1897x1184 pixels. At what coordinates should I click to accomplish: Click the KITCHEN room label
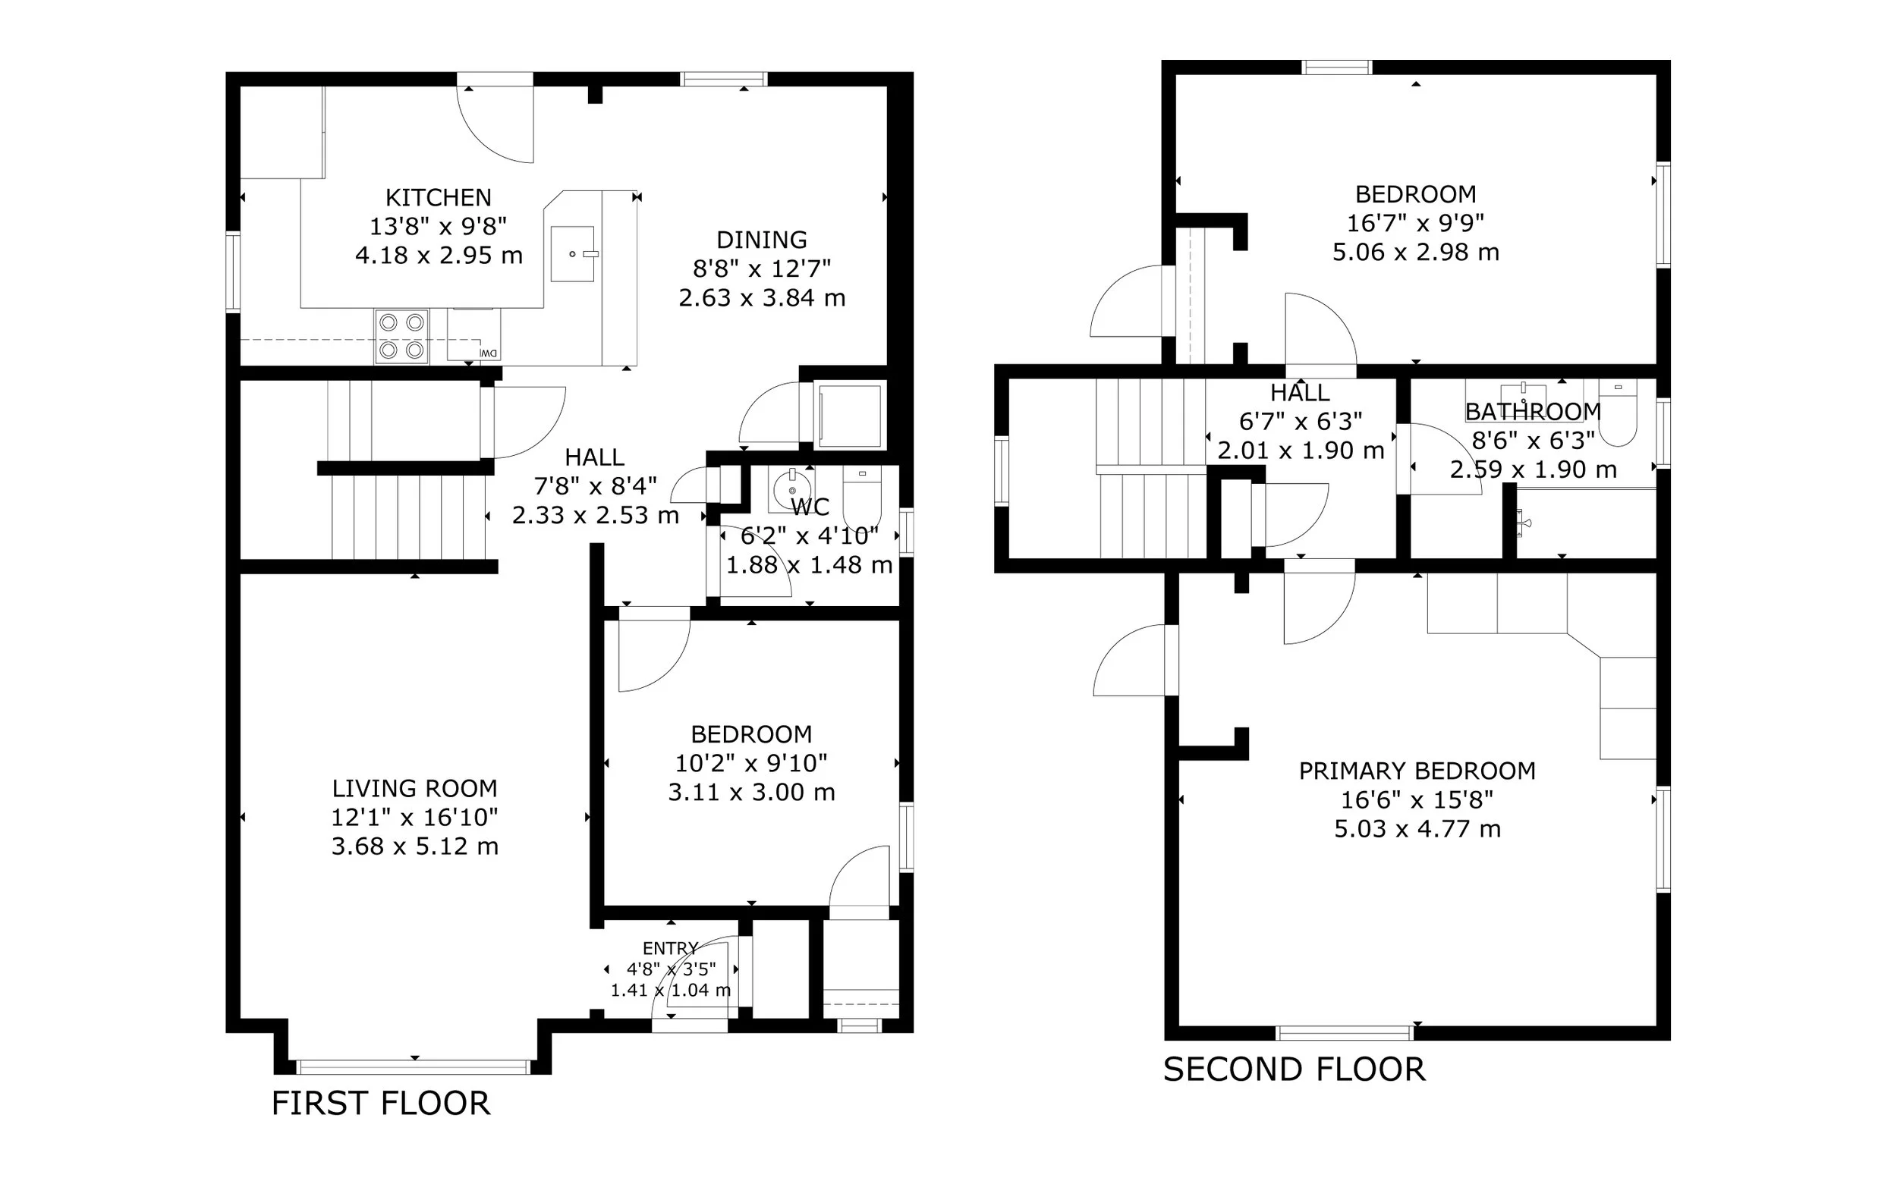[438, 197]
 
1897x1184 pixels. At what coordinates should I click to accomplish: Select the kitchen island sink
[573, 253]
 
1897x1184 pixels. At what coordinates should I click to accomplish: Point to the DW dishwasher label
[488, 353]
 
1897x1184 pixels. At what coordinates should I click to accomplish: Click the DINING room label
[761, 240]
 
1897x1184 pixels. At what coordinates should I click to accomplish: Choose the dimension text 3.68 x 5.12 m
[414, 846]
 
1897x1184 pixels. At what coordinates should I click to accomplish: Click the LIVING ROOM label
[414, 789]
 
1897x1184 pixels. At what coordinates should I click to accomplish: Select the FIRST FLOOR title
[381, 1104]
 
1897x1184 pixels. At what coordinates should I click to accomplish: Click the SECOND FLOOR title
[1294, 1069]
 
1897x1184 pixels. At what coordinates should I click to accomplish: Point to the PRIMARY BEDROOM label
[1417, 771]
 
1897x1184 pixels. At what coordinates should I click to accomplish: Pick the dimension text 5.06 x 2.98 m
[1415, 252]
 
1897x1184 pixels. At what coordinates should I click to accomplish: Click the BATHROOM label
[1533, 412]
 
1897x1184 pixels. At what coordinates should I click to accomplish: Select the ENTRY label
[670, 948]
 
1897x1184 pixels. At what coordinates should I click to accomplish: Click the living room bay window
[414, 1066]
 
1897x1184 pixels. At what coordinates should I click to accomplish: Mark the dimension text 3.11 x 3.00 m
[751, 793]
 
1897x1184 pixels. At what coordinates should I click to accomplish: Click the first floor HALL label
[594, 457]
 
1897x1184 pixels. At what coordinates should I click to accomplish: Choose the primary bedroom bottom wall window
[1345, 1033]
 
